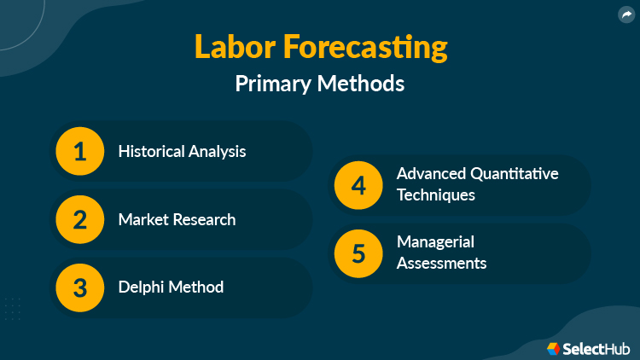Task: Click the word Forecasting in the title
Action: pyautogui.click(x=365, y=47)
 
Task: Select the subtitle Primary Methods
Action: pyautogui.click(x=320, y=84)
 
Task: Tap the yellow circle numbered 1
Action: pyautogui.click(x=79, y=152)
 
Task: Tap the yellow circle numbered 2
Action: pyautogui.click(x=79, y=219)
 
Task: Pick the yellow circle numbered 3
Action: pyautogui.click(x=79, y=287)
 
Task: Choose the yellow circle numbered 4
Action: pyautogui.click(x=358, y=185)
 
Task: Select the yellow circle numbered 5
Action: pyautogui.click(x=358, y=253)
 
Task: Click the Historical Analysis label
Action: pyautogui.click(x=182, y=152)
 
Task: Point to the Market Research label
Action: pyautogui.click(x=177, y=219)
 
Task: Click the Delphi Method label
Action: pyautogui.click(x=171, y=287)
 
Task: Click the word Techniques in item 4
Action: pyautogui.click(x=435, y=195)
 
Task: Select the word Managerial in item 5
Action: pyautogui.click(x=435, y=242)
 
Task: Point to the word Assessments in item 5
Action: pyautogui.click(x=441, y=264)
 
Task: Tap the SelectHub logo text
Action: pyautogui.click(x=596, y=348)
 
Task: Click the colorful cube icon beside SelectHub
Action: pyautogui.click(x=553, y=348)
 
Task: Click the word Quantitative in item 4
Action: pyautogui.click(x=515, y=174)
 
